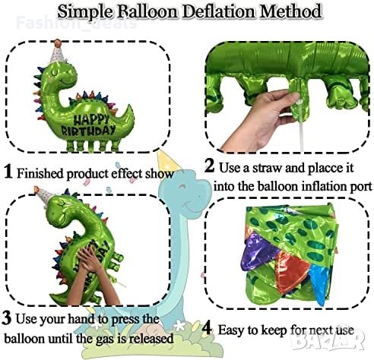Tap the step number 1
(x=8, y=171)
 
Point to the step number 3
(x=7, y=317)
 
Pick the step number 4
(x=207, y=329)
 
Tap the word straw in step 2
(x=267, y=168)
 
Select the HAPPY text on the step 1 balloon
(x=90, y=119)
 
